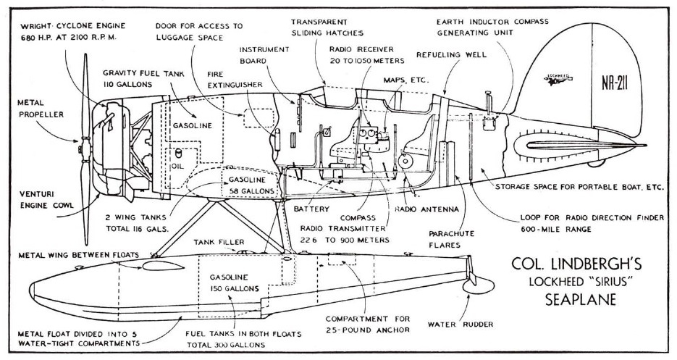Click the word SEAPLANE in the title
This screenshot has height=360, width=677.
570,298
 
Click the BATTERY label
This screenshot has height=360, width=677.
313,208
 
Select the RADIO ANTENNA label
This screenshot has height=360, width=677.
426,210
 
